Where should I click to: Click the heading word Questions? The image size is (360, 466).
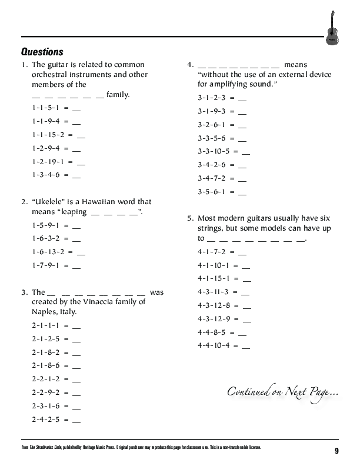(42, 52)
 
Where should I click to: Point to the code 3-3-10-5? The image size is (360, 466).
(214, 151)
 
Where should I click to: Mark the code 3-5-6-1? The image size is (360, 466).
(211, 192)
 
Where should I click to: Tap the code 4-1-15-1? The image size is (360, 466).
(214, 278)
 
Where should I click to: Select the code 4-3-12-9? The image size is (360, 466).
(214, 319)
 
